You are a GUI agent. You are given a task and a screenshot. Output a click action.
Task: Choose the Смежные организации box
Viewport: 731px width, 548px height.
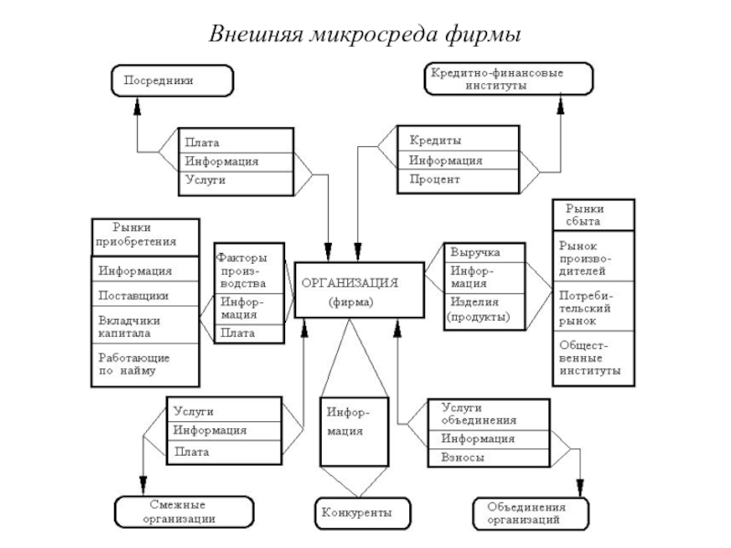pyautogui.click(x=178, y=512)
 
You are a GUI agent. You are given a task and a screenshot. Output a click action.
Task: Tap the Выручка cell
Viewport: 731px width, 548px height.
pyautogui.click(x=485, y=251)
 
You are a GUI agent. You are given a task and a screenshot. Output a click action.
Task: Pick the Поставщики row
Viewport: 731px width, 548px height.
pyautogui.click(x=145, y=295)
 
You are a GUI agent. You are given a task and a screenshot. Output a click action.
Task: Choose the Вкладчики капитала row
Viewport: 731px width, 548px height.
pyautogui.click(x=145, y=326)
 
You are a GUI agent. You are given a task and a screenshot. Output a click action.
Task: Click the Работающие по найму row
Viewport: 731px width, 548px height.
pyautogui.click(x=145, y=364)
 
